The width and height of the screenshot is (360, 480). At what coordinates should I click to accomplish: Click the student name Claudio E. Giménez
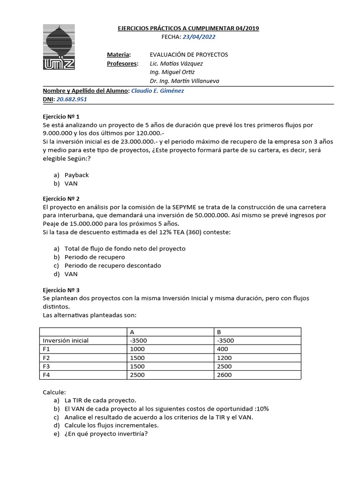(x=157, y=90)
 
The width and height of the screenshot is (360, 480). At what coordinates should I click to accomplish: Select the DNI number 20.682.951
(x=72, y=99)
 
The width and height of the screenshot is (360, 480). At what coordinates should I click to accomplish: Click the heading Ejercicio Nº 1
(x=61, y=116)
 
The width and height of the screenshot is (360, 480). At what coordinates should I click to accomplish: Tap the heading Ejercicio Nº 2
(x=61, y=198)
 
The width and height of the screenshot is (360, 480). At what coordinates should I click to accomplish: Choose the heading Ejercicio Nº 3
(x=61, y=290)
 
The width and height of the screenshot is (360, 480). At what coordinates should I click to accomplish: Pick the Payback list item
(x=76, y=175)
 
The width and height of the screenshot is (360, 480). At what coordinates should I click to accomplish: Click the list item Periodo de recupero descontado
(x=112, y=265)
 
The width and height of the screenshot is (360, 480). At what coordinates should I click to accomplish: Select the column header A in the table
(x=132, y=332)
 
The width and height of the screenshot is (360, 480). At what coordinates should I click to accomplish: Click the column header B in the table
(x=219, y=332)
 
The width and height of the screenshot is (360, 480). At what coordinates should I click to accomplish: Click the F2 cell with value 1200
(x=224, y=358)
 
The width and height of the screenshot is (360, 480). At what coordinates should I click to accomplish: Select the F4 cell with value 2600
(x=224, y=375)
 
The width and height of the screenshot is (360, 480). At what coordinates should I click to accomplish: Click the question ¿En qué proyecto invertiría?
(x=106, y=434)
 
